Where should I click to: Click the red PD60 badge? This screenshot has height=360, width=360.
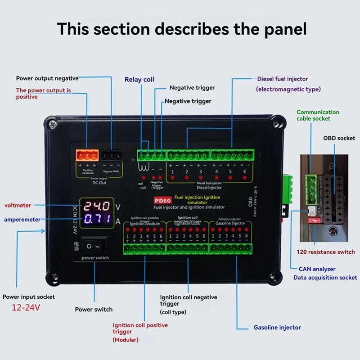(x=161, y=201)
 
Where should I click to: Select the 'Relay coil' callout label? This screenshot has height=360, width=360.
(x=139, y=80)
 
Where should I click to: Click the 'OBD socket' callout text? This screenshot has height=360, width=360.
(x=339, y=138)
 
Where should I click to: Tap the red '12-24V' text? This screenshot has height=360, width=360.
(x=26, y=309)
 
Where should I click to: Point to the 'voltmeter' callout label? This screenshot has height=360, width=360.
(x=18, y=205)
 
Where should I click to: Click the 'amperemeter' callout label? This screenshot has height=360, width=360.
(x=22, y=220)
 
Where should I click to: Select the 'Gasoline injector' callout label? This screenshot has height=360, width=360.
(x=277, y=327)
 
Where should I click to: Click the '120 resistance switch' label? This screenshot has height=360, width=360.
(x=326, y=252)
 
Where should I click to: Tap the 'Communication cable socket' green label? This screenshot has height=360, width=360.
(x=318, y=115)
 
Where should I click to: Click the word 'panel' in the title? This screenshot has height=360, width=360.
(x=283, y=29)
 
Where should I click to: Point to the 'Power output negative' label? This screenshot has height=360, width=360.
(x=47, y=78)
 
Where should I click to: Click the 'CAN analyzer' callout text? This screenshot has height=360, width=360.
(x=317, y=269)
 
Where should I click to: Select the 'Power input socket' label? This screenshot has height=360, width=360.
(x=29, y=297)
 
